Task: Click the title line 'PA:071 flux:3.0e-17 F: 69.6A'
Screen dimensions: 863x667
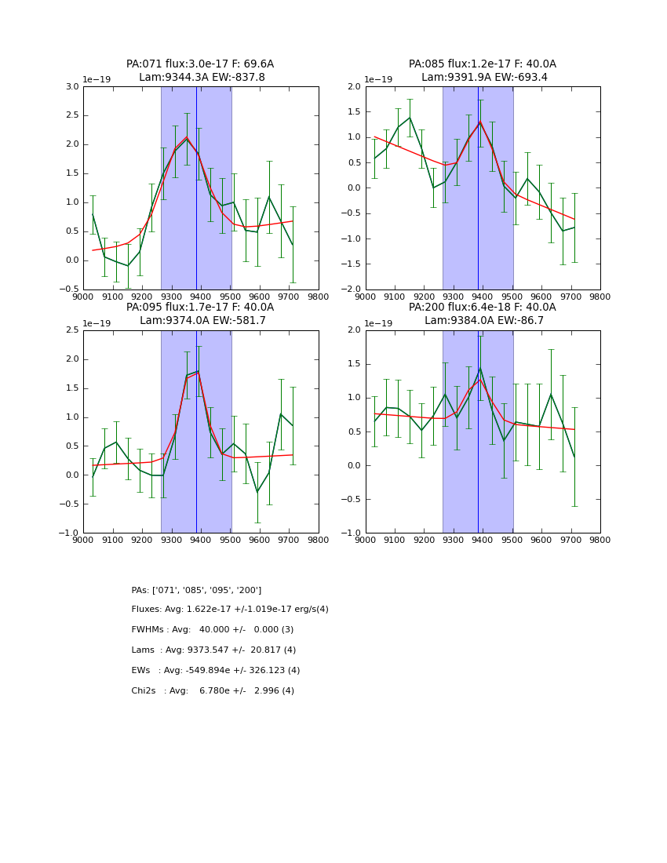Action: click(x=200, y=64)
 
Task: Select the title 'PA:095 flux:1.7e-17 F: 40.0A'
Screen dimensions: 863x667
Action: click(x=200, y=308)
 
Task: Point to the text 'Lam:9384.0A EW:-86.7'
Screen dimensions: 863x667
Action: click(x=483, y=321)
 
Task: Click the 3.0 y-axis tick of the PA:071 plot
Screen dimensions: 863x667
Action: click(x=72, y=86)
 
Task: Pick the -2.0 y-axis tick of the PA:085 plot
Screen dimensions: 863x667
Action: click(x=352, y=289)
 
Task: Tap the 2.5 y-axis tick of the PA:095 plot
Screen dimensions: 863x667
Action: click(x=72, y=330)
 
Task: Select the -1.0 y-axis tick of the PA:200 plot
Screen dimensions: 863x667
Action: click(x=352, y=533)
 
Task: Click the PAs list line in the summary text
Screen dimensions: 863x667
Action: click(x=196, y=590)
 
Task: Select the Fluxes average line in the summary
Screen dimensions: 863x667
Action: click(x=230, y=610)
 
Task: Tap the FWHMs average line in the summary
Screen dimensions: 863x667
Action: click(x=212, y=630)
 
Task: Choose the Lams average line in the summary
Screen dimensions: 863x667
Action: click(x=213, y=650)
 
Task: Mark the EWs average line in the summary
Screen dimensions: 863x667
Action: click(x=216, y=671)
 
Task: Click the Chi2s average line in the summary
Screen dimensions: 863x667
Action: click(x=213, y=691)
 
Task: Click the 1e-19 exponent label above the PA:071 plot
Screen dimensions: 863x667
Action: click(x=97, y=79)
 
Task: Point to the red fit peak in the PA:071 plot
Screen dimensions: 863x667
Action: click(x=187, y=137)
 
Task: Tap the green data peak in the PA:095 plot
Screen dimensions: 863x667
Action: click(x=199, y=371)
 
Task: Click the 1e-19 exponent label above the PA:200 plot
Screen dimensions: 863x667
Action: click(x=380, y=323)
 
